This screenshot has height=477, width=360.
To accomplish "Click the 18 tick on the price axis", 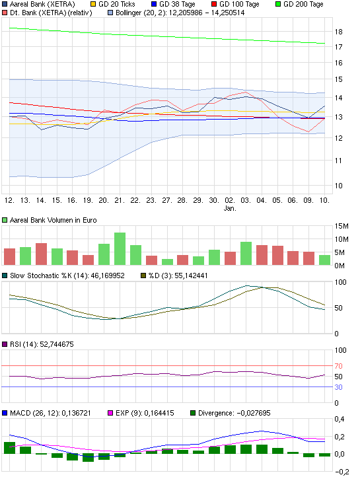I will (x=338, y=32).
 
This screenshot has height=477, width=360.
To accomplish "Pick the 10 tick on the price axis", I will (x=338, y=185).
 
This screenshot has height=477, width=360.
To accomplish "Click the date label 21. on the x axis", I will (x=119, y=200).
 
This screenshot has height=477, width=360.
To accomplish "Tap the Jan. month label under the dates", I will (x=230, y=208).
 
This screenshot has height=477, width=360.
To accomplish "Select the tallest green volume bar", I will (x=120, y=248).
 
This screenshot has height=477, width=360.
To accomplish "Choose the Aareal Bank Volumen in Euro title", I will (x=54, y=221).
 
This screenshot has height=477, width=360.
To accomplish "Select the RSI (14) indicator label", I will (x=40, y=344).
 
